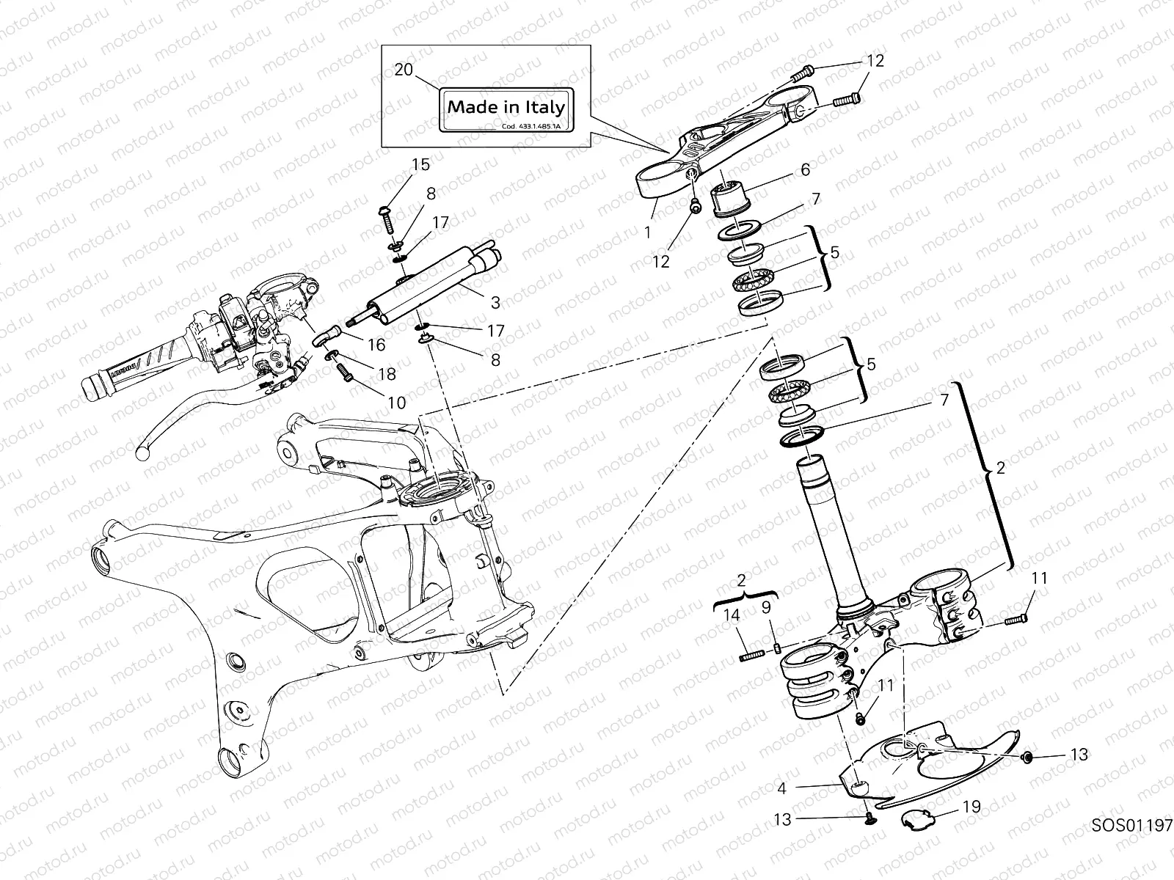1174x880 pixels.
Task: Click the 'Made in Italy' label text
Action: click(506, 107)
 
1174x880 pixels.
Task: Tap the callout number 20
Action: click(404, 70)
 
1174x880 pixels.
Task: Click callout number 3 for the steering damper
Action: click(495, 302)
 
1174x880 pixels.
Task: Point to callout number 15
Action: click(420, 164)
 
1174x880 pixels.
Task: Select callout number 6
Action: click(805, 170)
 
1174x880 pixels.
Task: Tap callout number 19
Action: click(971, 807)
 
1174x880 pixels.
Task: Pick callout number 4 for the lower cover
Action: click(782, 789)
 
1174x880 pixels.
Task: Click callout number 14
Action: click(732, 617)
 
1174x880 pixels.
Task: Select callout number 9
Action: click(765, 607)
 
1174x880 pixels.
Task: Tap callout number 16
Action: click(377, 345)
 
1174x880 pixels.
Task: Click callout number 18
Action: click(386, 374)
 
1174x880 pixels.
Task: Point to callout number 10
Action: click(396, 403)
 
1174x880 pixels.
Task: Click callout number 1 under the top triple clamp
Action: click(648, 232)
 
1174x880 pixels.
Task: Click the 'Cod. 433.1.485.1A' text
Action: click(531, 126)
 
